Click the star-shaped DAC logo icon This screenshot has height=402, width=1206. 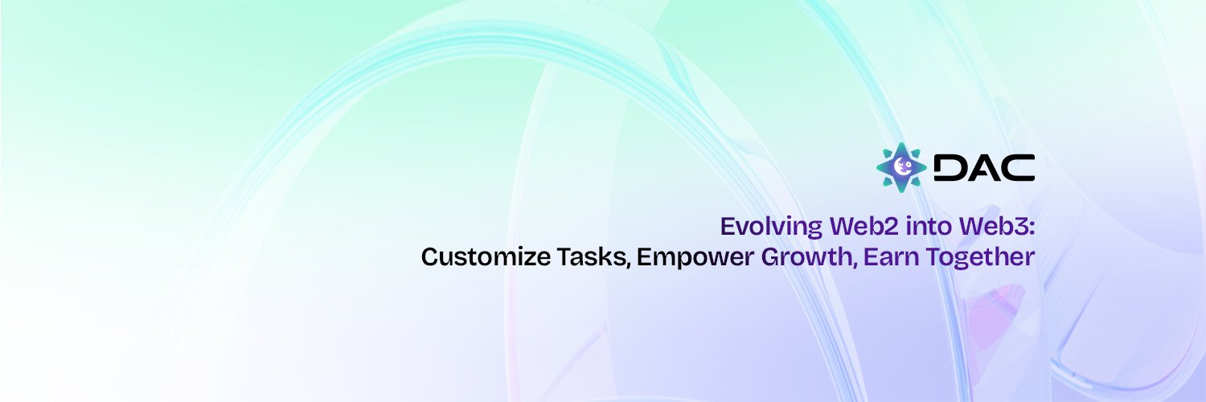[x=901, y=167]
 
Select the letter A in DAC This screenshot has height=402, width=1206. [x=983, y=167]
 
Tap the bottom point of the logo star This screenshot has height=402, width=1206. [x=901, y=189]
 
